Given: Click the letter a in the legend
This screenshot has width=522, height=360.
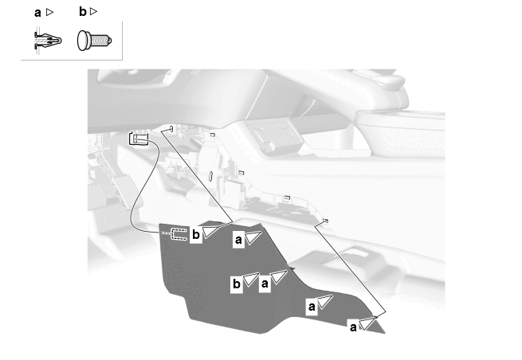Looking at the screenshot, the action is (x=37, y=13).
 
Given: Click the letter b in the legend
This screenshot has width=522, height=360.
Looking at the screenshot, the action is (x=83, y=12).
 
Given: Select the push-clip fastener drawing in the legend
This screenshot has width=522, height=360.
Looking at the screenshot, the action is (x=48, y=41).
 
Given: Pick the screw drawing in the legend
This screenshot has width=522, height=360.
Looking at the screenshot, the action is (x=95, y=41).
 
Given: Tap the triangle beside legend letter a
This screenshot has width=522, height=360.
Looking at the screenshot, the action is (x=49, y=12).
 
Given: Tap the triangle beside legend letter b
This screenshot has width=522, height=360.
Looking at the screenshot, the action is (x=93, y=12).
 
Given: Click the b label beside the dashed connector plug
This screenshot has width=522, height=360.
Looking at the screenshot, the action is (x=196, y=235).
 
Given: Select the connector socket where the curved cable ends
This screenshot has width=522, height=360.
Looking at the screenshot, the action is (x=139, y=139).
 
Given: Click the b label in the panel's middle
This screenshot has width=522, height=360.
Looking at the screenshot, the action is (x=237, y=284).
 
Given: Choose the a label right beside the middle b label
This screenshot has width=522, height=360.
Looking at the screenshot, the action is (x=265, y=284).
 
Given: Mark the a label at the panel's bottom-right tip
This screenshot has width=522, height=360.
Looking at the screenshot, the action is (x=353, y=327).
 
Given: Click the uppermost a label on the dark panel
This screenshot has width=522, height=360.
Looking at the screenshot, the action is (x=238, y=240).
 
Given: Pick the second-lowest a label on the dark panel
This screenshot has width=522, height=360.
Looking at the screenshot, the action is (x=312, y=307).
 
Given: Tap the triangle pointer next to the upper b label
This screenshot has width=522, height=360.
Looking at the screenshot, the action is (x=211, y=232).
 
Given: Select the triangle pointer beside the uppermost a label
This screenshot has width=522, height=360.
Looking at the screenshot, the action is (x=253, y=237).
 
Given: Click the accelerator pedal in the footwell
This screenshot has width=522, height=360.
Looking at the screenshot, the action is (x=128, y=191).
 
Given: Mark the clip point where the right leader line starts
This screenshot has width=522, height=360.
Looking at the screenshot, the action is (x=326, y=221).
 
